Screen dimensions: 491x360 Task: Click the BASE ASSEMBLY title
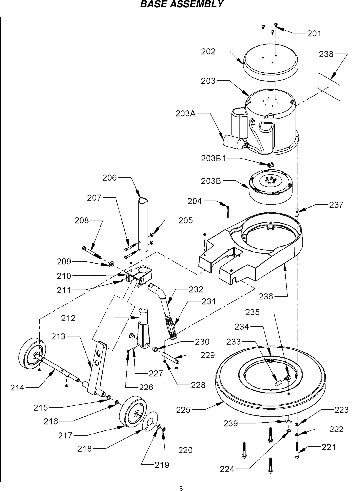181,5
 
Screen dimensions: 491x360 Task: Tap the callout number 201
314,33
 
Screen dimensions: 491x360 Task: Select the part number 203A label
185,114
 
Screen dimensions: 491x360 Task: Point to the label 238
326,54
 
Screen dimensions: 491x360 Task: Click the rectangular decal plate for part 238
329,86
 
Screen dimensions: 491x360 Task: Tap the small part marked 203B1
271,164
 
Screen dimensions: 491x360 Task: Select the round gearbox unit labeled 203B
270,185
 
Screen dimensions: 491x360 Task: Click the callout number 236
266,297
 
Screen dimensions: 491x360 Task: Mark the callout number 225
183,410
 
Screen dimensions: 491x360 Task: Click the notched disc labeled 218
150,422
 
